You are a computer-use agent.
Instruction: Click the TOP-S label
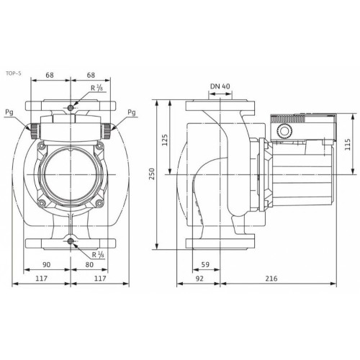[14, 73]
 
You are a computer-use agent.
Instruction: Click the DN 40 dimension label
[220, 86]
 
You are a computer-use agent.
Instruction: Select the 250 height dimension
[152, 174]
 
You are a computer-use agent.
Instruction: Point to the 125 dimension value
[165, 140]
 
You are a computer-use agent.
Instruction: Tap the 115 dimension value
[348, 144]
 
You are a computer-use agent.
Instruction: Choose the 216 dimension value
[271, 279]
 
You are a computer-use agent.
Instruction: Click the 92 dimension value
[199, 279]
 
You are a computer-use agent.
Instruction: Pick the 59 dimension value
[205, 264]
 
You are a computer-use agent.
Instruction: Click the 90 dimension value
[47, 264]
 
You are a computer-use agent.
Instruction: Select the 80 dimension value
[89, 264]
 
